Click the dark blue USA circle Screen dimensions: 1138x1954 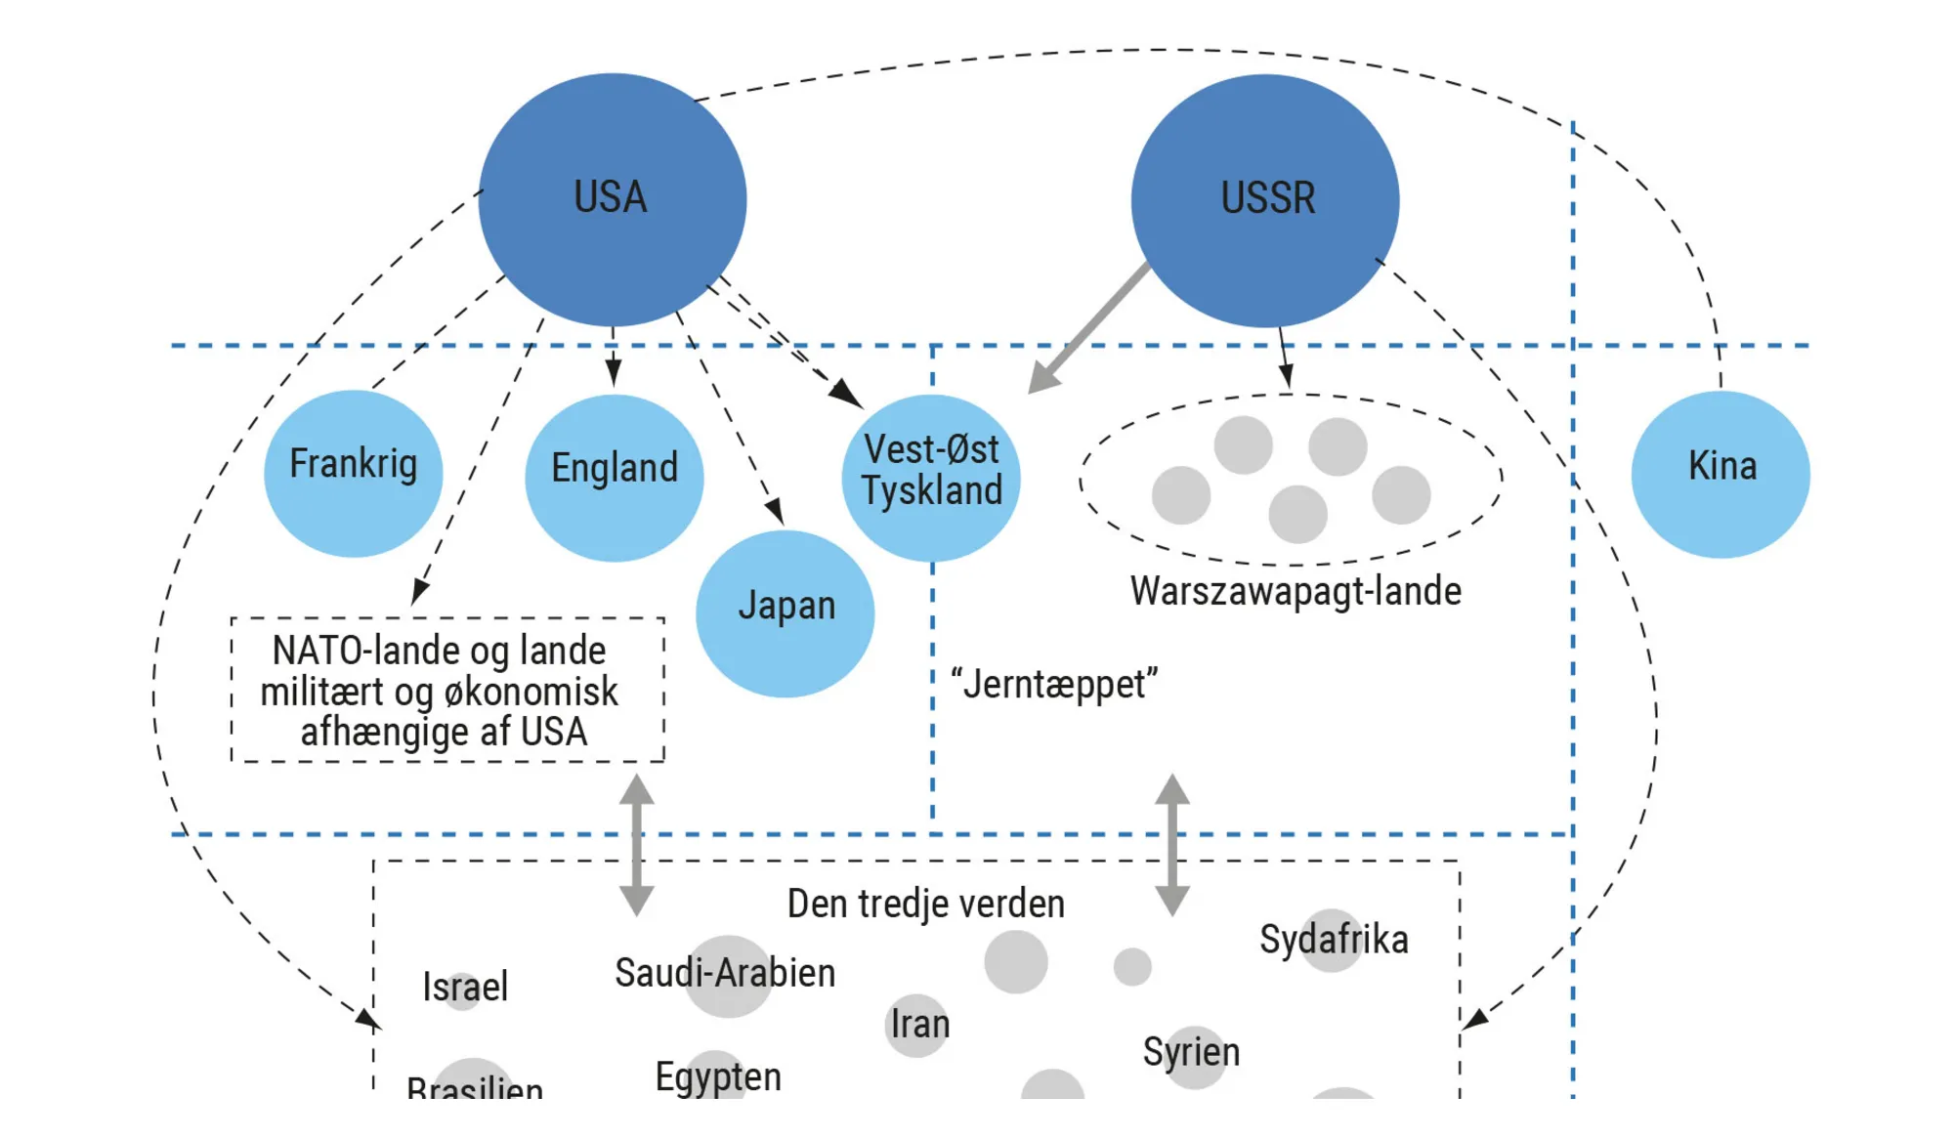[x=613, y=199]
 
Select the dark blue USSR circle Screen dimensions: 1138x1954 [x=1265, y=200]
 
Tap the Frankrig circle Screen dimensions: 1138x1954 [x=353, y=473]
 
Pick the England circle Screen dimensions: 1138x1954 [x=614, y=477]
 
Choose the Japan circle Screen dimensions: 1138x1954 [x=785, y=612]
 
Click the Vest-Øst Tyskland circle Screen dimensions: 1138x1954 [x=931, y=477]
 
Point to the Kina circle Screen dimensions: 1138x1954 [x=1720, y=474]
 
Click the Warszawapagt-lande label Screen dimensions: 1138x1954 [x=1296, y=591]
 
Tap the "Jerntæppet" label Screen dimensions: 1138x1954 [x=1054, y=684]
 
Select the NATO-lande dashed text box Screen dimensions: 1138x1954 [x=447, y=690]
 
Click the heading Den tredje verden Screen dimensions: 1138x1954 [x=925, y=904]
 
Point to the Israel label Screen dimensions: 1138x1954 [x=465, y=987]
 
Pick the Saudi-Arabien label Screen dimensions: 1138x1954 [x=725, y=973]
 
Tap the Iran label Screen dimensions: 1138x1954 [x=919, y=1024]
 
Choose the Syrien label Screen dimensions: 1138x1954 [x=1191, y=1052]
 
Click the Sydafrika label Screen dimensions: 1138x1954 [x=1334, y=939]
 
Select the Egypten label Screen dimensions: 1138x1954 [x=718, y=1076]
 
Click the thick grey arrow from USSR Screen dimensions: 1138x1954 [x=1089, y=327]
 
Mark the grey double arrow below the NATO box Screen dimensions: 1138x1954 [x=637, y=845]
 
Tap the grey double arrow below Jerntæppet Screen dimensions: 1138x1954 [x=1172, y=845]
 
